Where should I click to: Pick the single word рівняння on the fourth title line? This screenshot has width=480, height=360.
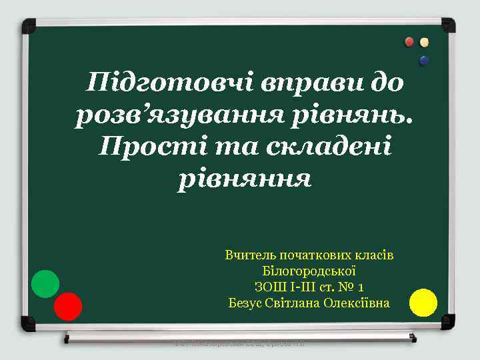pos(244,178)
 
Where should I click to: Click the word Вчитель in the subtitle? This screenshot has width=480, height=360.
pos(247,255)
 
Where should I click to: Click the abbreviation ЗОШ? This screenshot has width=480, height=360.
pos(269,287)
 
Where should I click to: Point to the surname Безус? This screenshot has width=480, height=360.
pos(245,303)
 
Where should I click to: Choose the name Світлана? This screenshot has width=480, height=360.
pos(291,303)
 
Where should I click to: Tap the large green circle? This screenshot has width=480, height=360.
pos(45,284)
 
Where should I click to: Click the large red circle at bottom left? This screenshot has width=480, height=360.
pos(68,307)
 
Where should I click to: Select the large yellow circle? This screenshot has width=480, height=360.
pos(423,302)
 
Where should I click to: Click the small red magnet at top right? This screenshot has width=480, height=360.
pos(410,42)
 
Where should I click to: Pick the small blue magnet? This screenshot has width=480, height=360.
pos(424,61)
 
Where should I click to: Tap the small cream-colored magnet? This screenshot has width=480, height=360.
pos(425,42)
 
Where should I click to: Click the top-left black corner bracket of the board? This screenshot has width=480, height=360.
pos(29,27)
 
